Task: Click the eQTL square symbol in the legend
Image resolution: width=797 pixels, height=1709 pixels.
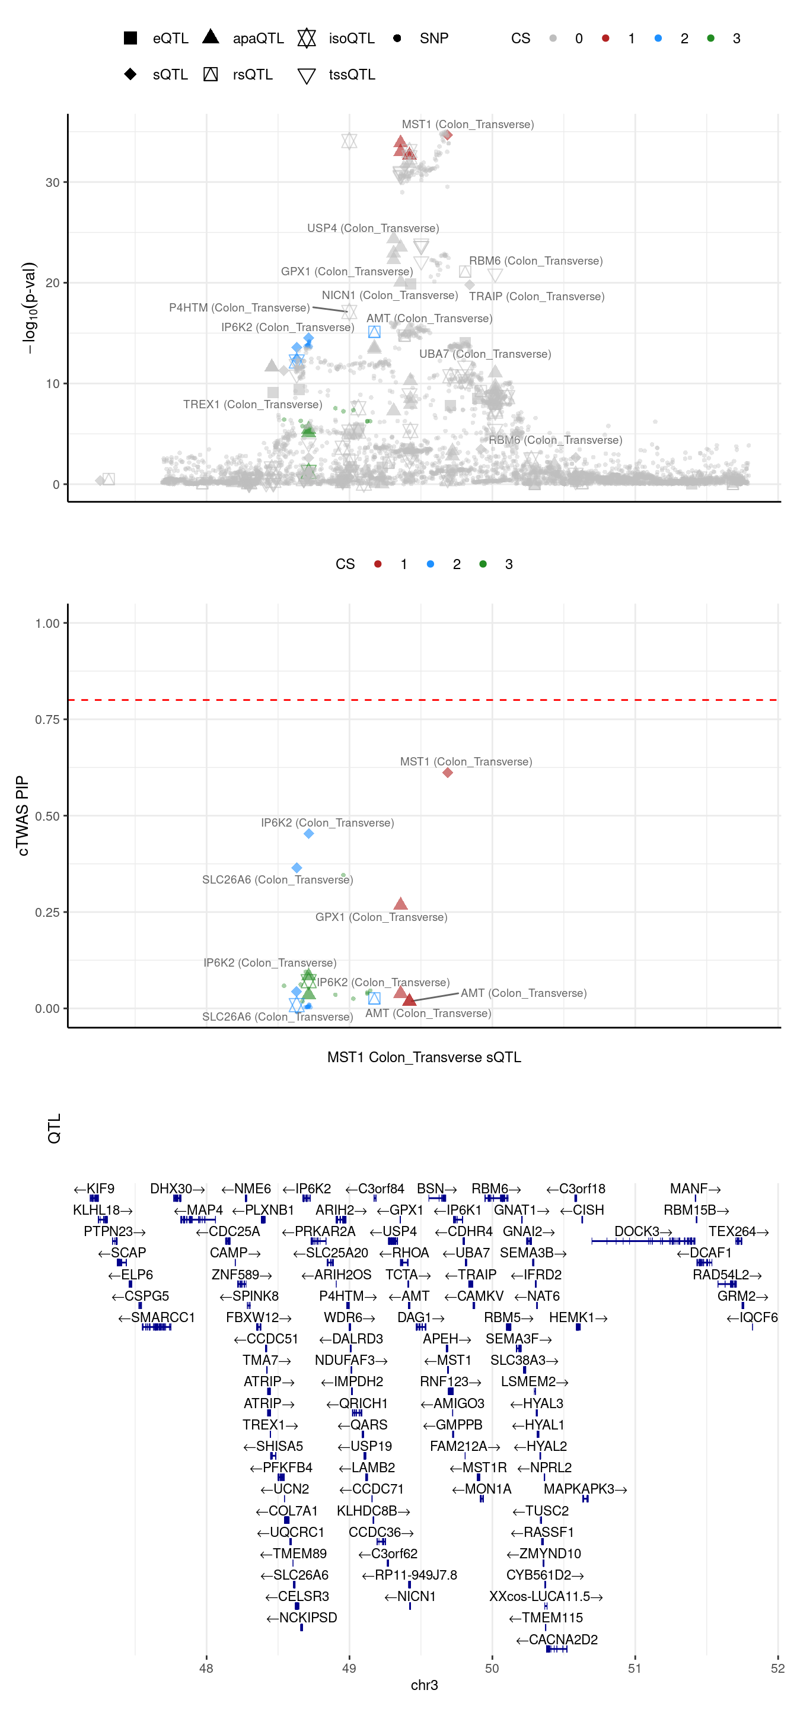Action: [x=130, y=38]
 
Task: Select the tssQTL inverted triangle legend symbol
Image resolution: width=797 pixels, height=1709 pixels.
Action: [x=307, y=75]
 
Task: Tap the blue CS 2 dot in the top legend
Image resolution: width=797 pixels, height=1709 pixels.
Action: [x=658, y=39]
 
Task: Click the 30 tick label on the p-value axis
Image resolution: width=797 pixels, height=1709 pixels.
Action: [x=52, y=182]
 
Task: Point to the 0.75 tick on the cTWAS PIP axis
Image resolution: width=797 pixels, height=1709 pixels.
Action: [x=47, y=720]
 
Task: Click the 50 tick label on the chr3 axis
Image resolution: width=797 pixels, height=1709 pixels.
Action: [x=492, y=1668]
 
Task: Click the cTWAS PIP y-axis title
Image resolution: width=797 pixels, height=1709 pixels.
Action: [x=23, y=816]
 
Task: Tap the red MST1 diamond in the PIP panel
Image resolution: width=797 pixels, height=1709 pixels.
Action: [x=448, y=772]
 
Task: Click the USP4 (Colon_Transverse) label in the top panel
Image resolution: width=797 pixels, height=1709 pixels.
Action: [x=372, y=228]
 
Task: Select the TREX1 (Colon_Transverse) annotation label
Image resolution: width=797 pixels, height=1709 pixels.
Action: [x=253, y=405]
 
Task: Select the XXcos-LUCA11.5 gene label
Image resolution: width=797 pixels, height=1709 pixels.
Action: [x=546, y=1596]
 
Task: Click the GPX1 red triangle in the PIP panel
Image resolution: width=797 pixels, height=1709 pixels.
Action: [x=400, y=904]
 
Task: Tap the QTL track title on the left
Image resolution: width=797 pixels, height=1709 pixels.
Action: [x=55, y=1128]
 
